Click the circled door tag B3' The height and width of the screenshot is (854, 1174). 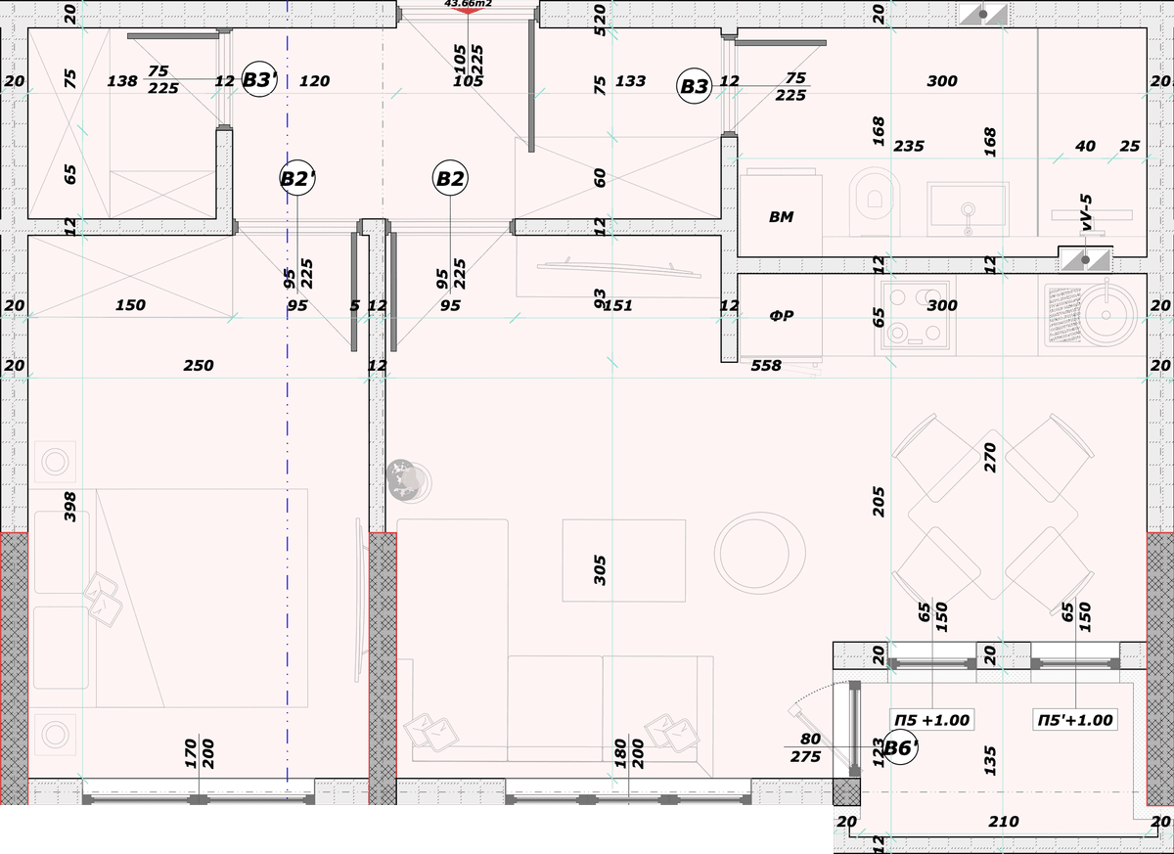tap(259, 79)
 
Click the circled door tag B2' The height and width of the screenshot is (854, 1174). tap(297, 178)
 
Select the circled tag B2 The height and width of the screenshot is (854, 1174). tap(450, 178)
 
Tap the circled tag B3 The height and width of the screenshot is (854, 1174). tap(695, 86)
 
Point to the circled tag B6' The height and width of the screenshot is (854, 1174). tap(900, 747)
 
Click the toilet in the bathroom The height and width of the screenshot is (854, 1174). tap(874, 201)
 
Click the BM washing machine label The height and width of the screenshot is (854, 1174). tap(781, 216)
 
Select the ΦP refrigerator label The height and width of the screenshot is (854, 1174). tap(781, 315)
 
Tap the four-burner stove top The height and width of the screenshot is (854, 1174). tap(915, 315)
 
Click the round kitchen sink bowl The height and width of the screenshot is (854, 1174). tap(1106, 315)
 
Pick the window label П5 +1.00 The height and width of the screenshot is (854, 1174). tap(931, 720)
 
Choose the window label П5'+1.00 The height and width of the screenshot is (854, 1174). tap(1075, 720)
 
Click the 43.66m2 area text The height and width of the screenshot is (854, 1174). tap(468, 4)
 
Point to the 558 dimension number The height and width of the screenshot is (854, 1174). tap(766, 365)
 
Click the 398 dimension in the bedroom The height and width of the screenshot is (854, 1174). tap(69, 507)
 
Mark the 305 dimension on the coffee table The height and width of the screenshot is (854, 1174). tap(600, 570)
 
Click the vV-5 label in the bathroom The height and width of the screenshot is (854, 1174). tap(1086, 212)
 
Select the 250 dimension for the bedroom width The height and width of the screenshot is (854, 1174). tap(198, 365)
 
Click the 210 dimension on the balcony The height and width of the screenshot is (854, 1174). tap(1004, 822)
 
